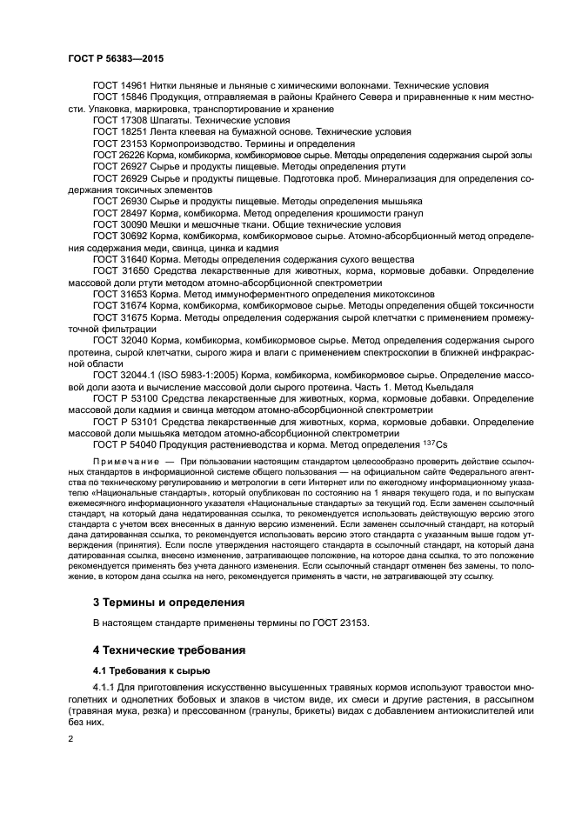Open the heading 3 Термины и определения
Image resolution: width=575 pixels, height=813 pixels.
click(x=168, y=602)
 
